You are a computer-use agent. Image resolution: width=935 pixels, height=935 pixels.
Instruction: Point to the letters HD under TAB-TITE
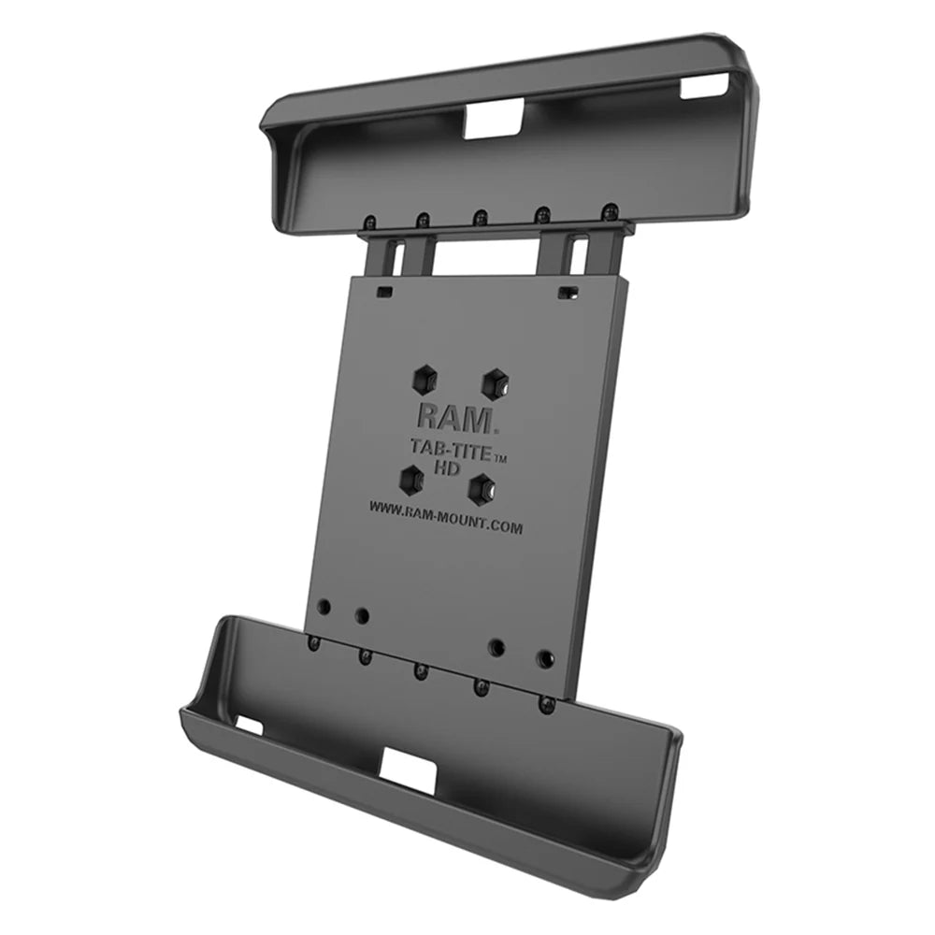click(448, 468)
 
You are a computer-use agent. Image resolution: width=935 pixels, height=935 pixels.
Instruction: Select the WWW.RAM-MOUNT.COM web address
click(445, 517)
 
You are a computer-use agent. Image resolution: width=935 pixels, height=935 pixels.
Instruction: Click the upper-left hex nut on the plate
click(423, 378)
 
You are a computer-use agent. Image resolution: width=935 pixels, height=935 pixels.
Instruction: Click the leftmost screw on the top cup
click(371, 223)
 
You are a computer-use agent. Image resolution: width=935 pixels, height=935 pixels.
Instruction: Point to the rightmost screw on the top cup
click(609, 210)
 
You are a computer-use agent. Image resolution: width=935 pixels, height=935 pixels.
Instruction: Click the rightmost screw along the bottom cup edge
click(548, 703)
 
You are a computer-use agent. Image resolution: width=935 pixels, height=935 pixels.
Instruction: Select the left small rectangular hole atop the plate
click(383, 291)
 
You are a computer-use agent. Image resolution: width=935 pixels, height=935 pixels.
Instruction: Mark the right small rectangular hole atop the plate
click(563, 293)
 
